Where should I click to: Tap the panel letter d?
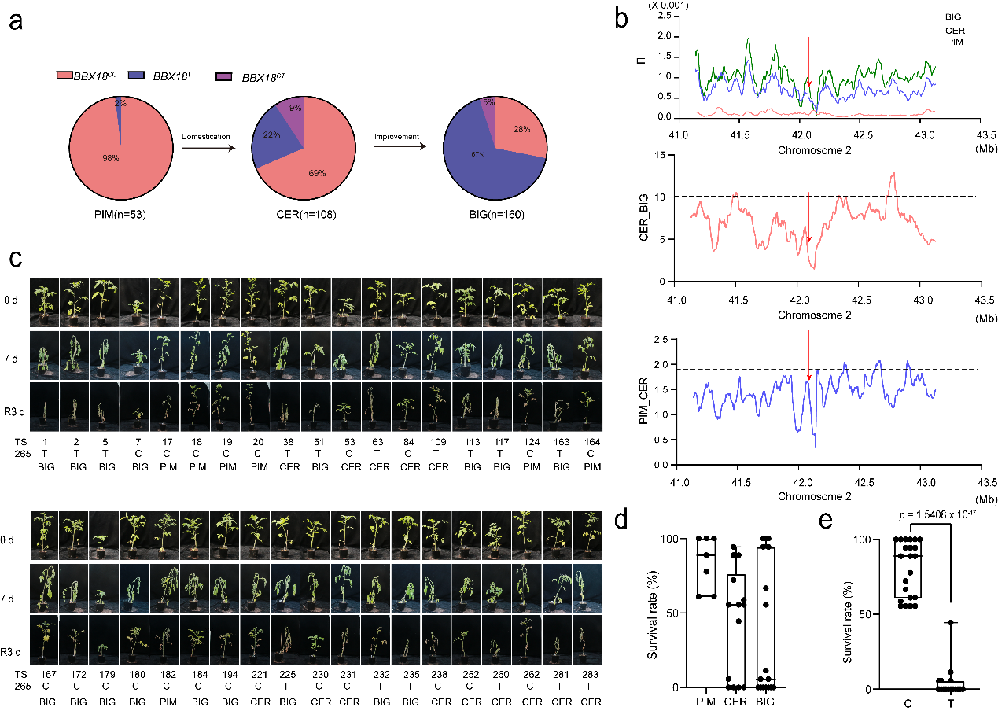coord(623,521)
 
